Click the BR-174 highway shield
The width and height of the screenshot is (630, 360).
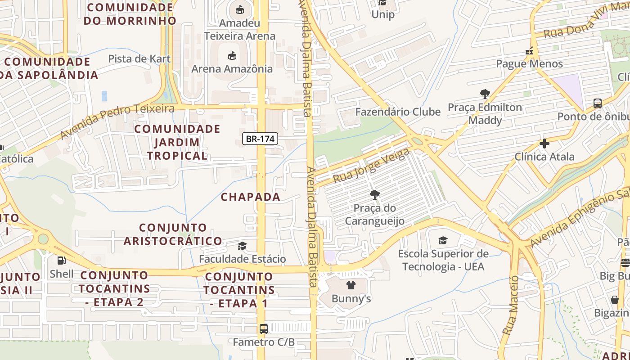[260, 139]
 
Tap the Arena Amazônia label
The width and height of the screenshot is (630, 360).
[232, 69]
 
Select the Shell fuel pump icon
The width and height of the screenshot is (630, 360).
[61, 260]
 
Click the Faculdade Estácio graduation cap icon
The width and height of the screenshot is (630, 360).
[243, 246]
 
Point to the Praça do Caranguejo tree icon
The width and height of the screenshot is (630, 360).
[374, 195]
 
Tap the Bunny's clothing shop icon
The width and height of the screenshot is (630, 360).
[351, 285]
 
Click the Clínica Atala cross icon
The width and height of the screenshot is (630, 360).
[544, 144]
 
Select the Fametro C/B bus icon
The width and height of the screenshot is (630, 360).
[264, 329]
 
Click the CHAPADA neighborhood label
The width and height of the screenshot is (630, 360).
[250, 197]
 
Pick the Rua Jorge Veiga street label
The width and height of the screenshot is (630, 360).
[371, 166]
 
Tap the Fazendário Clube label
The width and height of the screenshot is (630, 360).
[398, 112]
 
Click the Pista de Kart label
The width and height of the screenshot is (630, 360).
[139, 58]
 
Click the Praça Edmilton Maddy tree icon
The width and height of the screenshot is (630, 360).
[485, 94]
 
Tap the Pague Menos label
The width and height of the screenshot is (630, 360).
[529, 64]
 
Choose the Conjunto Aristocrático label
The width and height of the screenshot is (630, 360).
[173, 234]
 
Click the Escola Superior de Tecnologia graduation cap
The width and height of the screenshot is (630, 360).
[443, 241]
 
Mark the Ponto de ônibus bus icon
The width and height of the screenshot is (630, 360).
[598, 103]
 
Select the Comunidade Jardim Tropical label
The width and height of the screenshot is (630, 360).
[177, 142]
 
